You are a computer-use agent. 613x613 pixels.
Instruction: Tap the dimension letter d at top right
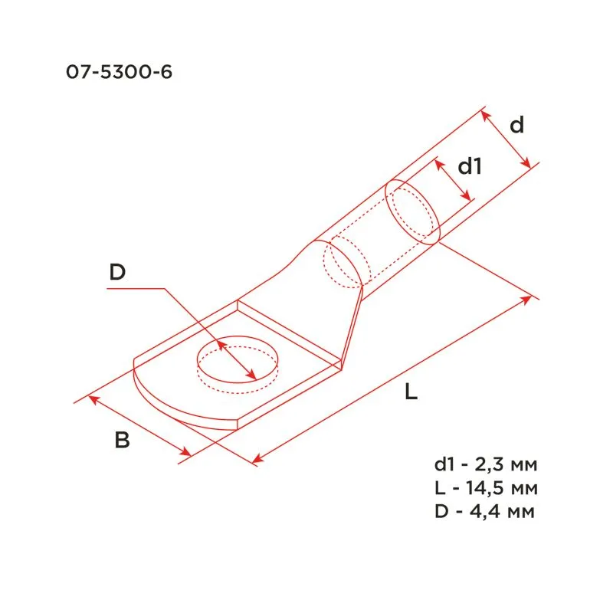517,125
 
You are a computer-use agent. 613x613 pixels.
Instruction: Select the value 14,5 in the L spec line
489,488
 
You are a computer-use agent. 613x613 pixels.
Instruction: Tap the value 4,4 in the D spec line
488,511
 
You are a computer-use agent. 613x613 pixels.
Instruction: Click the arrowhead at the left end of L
257,459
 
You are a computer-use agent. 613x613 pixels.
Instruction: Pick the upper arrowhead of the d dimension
484,114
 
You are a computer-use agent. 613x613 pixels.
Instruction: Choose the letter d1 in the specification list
444,465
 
